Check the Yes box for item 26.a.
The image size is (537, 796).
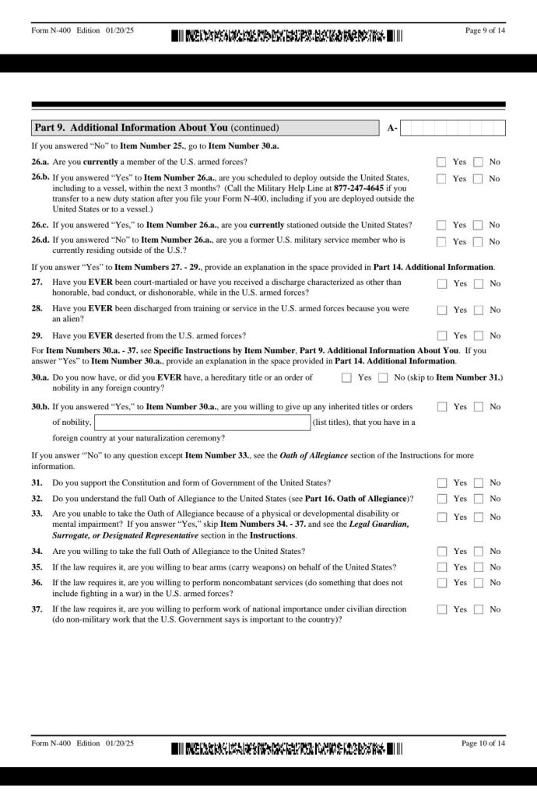441,162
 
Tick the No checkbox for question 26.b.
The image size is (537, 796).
478,179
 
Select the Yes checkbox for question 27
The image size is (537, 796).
441,284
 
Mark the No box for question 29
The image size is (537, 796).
478,336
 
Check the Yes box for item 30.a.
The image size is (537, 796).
346,378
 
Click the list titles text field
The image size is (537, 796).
202,423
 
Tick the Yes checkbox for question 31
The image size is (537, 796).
441,483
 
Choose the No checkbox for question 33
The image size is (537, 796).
478,517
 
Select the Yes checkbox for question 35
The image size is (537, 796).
441,567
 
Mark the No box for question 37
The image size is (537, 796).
478,610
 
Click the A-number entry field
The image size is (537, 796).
452,128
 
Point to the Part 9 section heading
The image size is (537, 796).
156,128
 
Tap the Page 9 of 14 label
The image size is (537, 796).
484,30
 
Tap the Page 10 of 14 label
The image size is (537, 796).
483,744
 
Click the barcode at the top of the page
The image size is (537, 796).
286,36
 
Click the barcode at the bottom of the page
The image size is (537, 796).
286,749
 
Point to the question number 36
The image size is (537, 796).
37,582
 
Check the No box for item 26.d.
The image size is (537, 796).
478,242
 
